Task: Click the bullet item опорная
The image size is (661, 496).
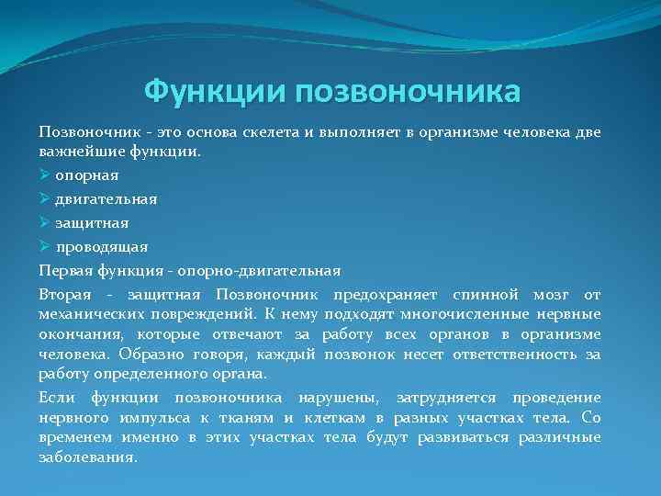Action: point(87,175)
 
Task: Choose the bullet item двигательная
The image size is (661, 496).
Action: point(106,198)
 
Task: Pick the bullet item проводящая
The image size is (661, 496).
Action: point(102,246)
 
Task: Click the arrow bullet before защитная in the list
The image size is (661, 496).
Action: point(45,222)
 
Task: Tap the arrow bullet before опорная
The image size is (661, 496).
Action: point(45,175)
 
